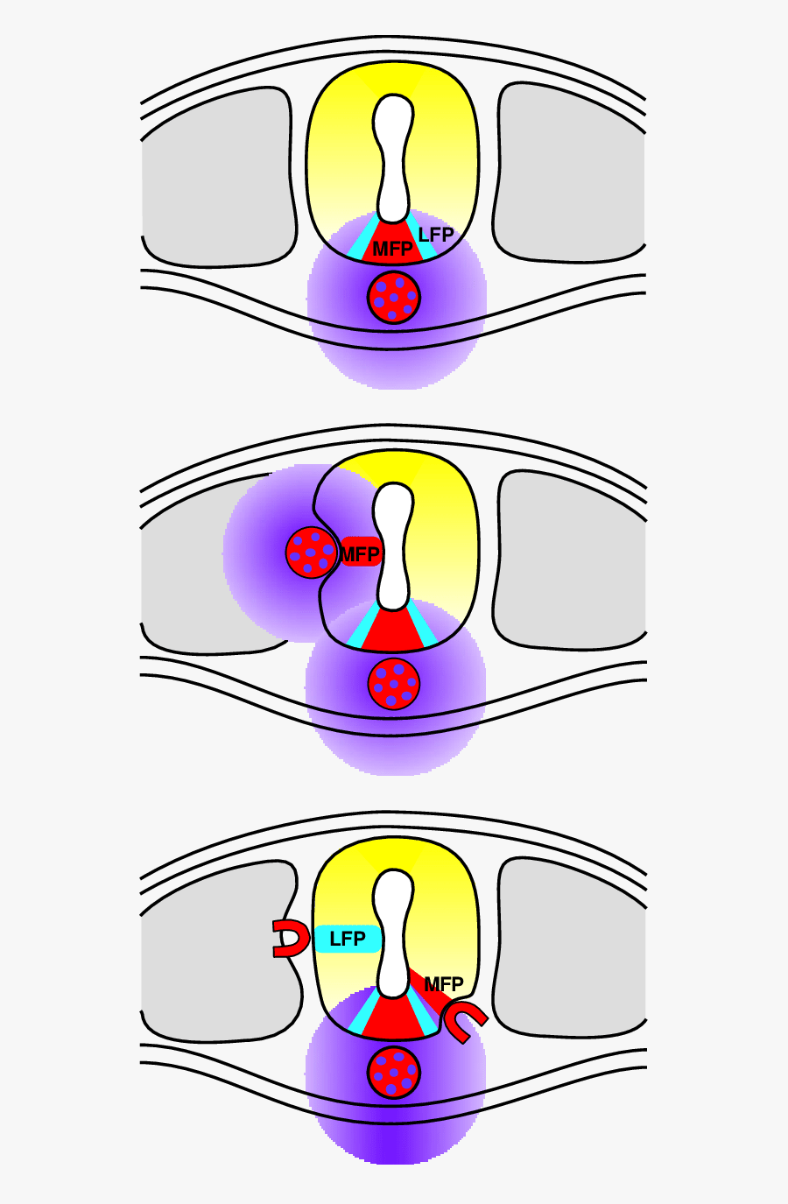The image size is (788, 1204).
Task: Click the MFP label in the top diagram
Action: pyautogui.click(x=392, y=249)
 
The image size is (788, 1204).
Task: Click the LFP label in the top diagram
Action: pyautogui.click(x=436, y=235)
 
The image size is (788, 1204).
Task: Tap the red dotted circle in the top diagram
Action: pyautogui.click(x=393, y=297)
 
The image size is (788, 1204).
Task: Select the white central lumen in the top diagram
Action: pyautogui.click(x=393, y=158)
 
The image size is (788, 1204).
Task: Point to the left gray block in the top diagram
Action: pyautogui.click(x=218, y=178)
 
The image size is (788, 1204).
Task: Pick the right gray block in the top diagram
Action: pyautogui.click(x=570, y=172)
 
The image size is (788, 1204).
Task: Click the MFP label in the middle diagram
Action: pyautogui.click(x=360, y=554)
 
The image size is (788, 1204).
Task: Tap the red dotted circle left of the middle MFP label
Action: pyautogui.click(x=311, y=553)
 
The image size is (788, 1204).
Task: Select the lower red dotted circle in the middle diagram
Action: pyautogui.click(x=393, y=684)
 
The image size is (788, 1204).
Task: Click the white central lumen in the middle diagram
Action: pyautogui.click(x=393, y=546)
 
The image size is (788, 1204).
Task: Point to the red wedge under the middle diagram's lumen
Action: pyautogui.click(x=393, y=632)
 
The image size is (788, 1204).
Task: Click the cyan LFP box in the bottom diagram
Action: pyautogui.click(x=348, y=939)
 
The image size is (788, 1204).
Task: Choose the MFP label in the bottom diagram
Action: pyautogui.click(x=444, y=984)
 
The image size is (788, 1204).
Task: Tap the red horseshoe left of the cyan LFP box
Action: pyautogui.click(x=292, y=938)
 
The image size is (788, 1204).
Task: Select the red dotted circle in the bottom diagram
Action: pyautogui.click(x=393, y=1073)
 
